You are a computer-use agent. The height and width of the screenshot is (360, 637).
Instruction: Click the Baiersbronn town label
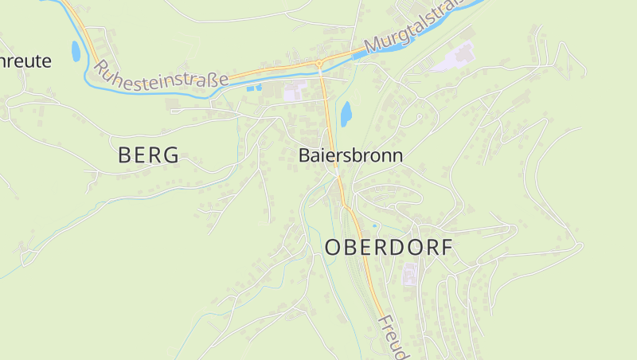(x=350, y=155)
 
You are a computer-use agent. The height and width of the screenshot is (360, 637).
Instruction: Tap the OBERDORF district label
(x=389, y=248)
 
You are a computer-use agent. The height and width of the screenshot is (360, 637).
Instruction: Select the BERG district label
(x=148, y=155)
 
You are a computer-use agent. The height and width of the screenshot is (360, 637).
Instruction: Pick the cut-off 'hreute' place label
(x=25, y=61)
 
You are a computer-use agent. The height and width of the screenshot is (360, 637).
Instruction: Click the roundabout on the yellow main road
(x=318, y=63)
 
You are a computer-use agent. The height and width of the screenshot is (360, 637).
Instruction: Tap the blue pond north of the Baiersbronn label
(x=346, y=114)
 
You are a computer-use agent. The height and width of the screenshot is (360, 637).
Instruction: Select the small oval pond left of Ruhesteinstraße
(x=76, y=52)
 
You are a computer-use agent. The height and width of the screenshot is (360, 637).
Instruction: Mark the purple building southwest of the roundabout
(x=291, y=93)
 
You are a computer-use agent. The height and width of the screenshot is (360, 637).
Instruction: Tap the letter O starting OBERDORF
(x=333, y=248)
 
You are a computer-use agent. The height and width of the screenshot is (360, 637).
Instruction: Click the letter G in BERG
(x=170, y=155)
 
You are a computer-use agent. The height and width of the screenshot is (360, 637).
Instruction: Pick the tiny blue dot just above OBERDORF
(x=374, y=225)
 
